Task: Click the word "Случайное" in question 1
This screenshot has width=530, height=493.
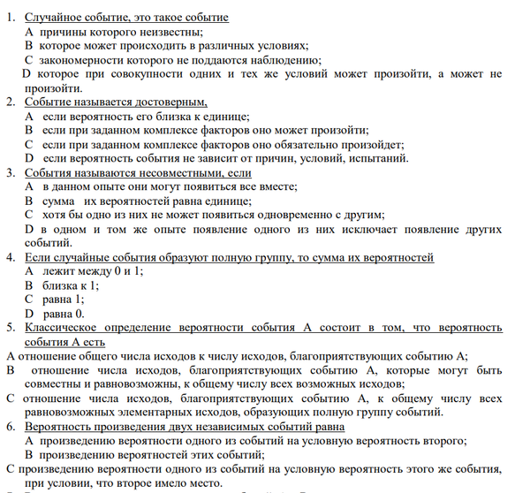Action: pyautogui.click(x=55, y=18)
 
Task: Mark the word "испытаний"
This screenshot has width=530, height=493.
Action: pyautogui.click(x=379, y=159)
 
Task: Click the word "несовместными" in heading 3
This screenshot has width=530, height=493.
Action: pyautogui.click(x=178, y=173)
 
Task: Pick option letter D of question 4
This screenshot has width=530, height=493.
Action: pyautogui.click(x=29, y=314)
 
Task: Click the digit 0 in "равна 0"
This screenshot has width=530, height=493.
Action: pyautogui.click(x=79, y=314)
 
